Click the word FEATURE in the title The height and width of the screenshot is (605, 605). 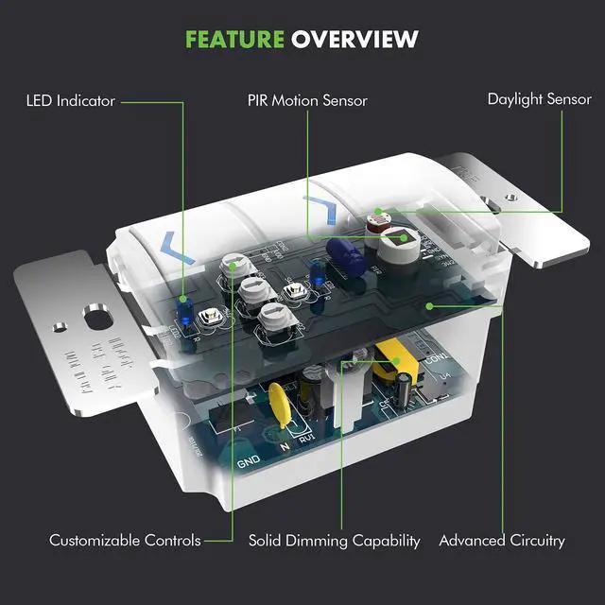coord(234,39)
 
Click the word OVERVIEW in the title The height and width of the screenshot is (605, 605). coord(354,39)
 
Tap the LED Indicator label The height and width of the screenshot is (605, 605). coord(71,99)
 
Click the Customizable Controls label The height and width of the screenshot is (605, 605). coord(125,541)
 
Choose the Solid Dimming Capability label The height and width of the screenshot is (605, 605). coord(334,541)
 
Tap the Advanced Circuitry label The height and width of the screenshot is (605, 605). coord(501,541)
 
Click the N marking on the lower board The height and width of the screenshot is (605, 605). coord(283,442)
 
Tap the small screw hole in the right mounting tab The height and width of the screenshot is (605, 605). coord(511,197)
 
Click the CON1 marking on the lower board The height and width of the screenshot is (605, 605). coord(436,360)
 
